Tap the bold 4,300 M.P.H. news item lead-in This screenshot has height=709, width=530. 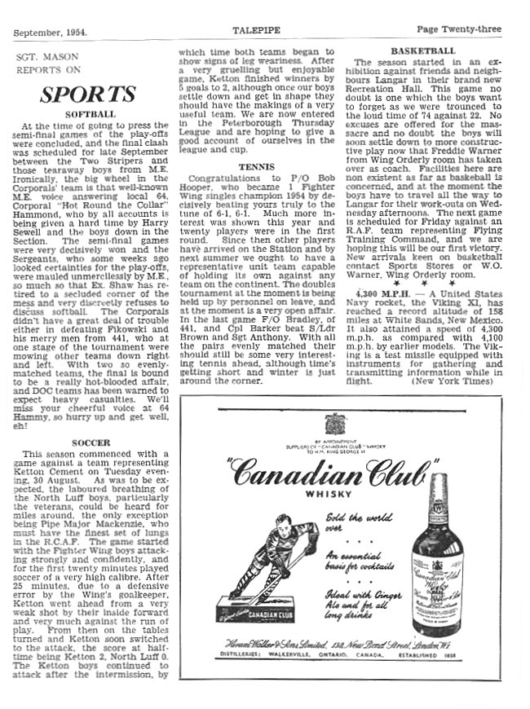390,315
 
